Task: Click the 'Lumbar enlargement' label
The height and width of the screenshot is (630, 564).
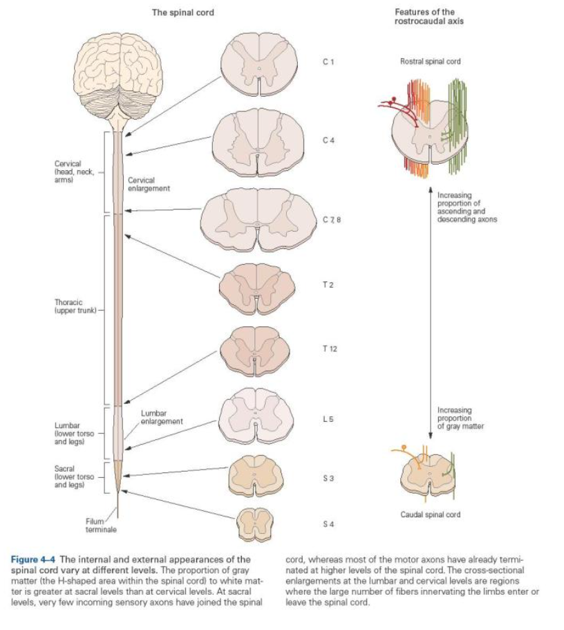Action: (x=162, y=417)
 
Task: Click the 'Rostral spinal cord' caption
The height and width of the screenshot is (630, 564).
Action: (x=430, y=62)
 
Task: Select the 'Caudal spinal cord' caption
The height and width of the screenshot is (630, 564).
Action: (x=430, y=515)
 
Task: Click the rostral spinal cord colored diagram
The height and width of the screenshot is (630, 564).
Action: (x=427, y=127)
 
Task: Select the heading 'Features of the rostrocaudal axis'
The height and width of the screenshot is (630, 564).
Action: (x=429, y=17)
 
